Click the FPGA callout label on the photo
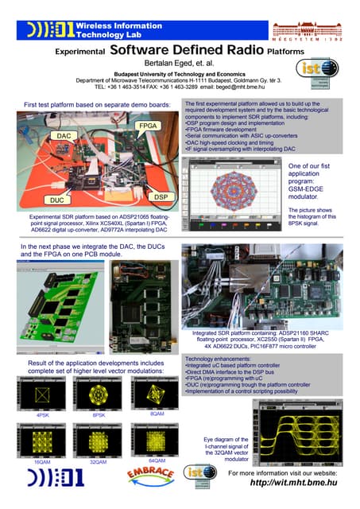[x=148, y=126]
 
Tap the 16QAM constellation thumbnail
[x=42, y=440]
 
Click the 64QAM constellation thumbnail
[x=156, y=440]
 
